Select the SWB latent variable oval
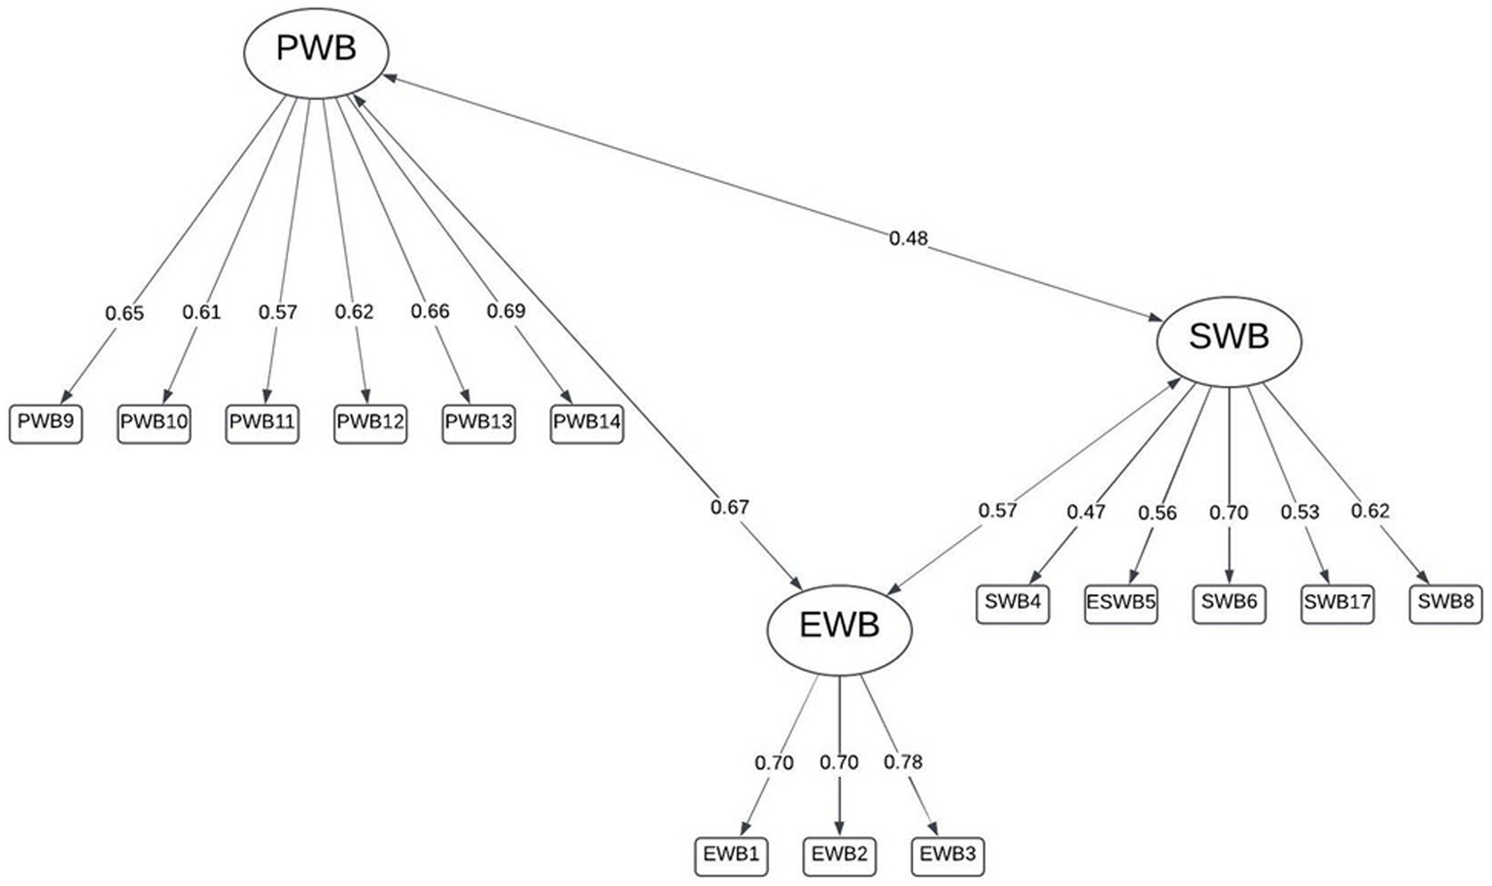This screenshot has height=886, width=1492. [x=1229, y=338]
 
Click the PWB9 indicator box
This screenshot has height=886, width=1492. [x=46, y=424]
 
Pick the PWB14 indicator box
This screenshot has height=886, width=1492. [x=586, y=424]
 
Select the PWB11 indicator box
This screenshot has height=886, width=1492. [x=262, y=424]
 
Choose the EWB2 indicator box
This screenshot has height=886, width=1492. [x=840, y=856]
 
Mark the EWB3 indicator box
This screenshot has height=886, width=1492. [x=948, y=856]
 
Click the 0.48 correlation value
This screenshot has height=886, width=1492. [x=908, y=238]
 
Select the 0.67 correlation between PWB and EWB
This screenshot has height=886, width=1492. [x=729, y=508]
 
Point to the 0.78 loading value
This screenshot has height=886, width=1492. [x=902, y=762]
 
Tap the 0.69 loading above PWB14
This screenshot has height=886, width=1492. [x=505, y=311]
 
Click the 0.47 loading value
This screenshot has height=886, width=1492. [x=1086, y=513]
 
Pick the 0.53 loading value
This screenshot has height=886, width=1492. [x=1300, y=513]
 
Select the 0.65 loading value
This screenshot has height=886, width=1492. [x=124, y=313]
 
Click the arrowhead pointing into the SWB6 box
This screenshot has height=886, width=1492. [x=1230, y=580]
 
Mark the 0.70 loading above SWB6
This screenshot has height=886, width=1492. [x=1229, y=513]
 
